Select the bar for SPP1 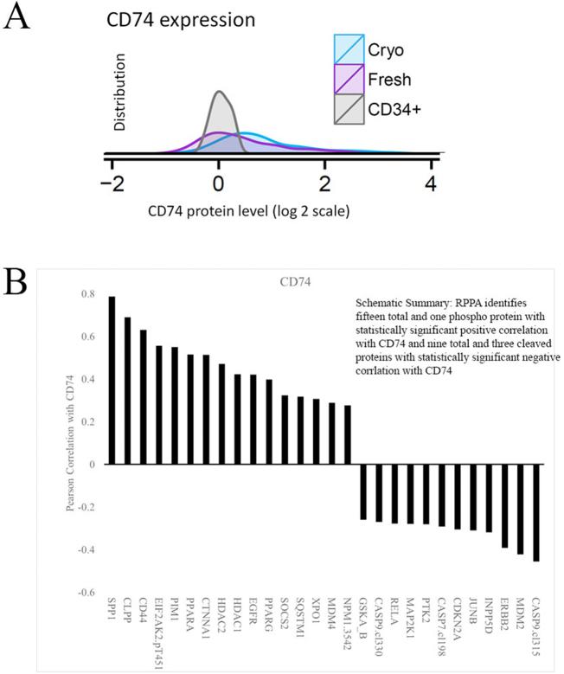click(112, 380)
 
